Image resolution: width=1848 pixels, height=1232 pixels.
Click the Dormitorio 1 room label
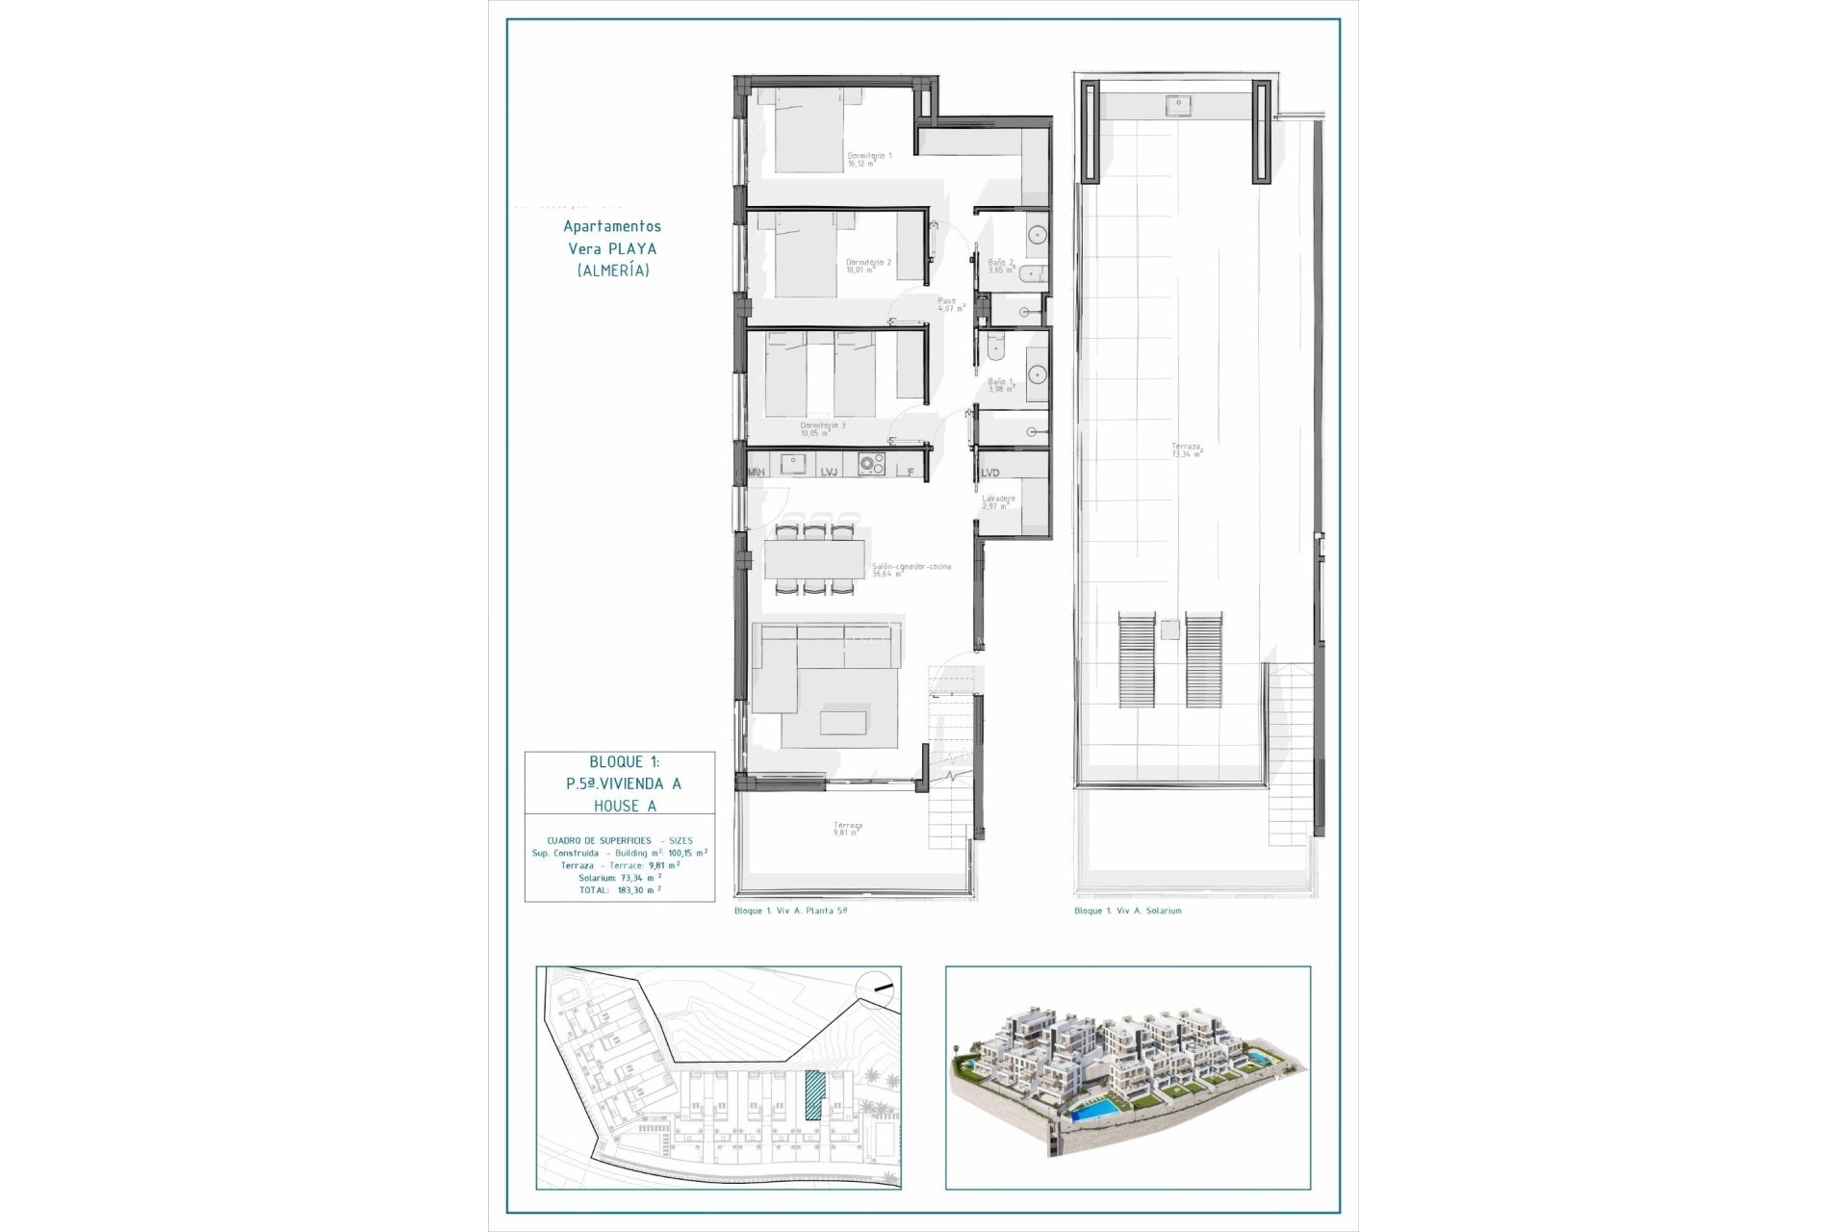click(x=869, y=159)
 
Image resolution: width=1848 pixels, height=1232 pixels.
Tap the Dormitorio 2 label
click(x=868, y=266)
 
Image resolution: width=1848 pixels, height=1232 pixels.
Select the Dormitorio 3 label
click(x=823, y=428)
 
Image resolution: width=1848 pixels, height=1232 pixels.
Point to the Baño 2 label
click(x=1001, y=266)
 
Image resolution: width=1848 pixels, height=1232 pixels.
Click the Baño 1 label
click(x=1001, y=385)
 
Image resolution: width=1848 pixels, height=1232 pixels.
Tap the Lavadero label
click(x=998, y=502)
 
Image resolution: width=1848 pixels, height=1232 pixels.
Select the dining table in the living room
click(x=815, y=558)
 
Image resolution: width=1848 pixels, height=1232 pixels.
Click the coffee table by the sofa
click(x=843, y=722)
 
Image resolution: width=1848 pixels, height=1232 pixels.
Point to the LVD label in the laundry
click(x=990, y=473)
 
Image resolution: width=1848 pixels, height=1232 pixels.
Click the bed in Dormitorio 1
click(x=808, y=135)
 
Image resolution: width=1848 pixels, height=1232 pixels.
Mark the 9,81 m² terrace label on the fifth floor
click(x=847, y=829)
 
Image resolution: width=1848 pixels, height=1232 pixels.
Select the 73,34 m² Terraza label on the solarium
click(x=1186, y=449)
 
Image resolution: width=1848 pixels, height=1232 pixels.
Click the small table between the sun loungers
click(x=1169, y=630)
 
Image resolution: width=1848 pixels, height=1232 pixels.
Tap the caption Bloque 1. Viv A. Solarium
click(x=1127, y=911)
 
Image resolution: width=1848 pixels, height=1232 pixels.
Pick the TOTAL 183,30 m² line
click(x=620, y=890)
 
